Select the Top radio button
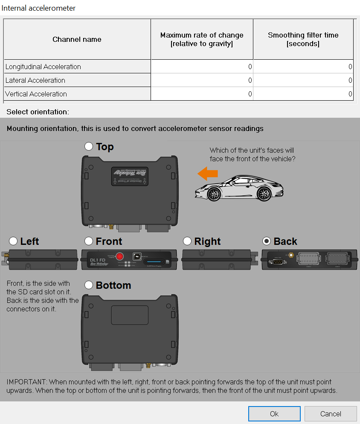click(x=89, y=146)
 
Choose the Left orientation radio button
click(x=13, y=241)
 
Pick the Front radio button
click(x=89, y=241)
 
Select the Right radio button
click(x=187, y=241)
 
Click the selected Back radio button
click(x=267, y=241)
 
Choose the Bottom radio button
click(x=89, y=285)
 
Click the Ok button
click(x=274, y=413)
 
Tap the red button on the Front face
click(x=120, y=256)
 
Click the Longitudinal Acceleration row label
click(x=43, y=67)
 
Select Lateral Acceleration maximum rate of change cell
click(x=202, y=80)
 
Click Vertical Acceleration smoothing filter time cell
click(x=303, y=94)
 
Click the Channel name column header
click(x=77, y=39)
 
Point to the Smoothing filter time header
click(x=303, y=39)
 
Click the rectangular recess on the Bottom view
click(x=130, y=315)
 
